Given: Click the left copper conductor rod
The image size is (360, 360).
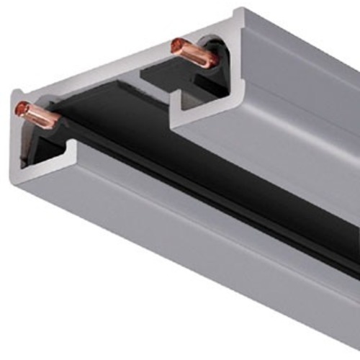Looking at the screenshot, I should [x=37, y=116].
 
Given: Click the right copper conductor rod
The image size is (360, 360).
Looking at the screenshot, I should [x=193, y=55].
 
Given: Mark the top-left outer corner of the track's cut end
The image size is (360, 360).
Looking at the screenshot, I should [x=13, y=91].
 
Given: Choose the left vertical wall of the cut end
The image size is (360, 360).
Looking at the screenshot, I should [x=16, y=137].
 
